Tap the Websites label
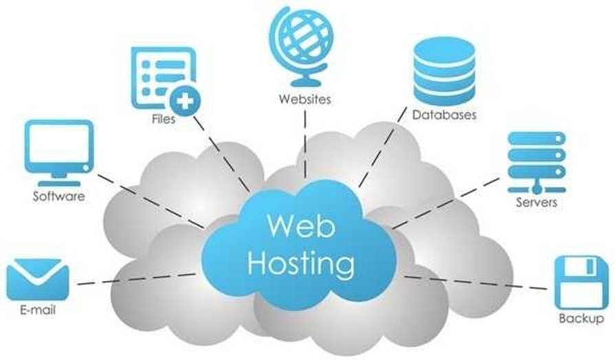click(305, 98)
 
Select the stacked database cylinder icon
click(444, 71)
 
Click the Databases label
click(444, 115)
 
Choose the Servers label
click(537, 203)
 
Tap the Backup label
click(581, 320)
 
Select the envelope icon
click(38, 279)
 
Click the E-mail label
click(38, 310)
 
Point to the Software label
click(59, 197)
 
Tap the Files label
click(163, 119)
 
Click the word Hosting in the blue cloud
click(301, 262)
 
